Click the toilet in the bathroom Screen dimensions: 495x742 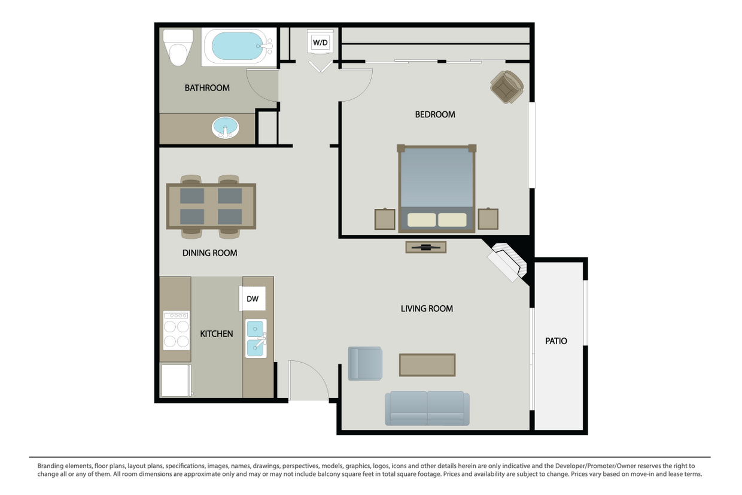178,47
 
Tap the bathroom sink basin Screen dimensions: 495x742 225,127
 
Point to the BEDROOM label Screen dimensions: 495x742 435,114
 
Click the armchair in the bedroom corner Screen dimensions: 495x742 506,87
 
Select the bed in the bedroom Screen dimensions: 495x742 437,187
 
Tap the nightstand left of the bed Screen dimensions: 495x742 385,219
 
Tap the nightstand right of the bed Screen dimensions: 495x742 488,219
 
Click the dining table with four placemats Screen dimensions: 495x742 211,206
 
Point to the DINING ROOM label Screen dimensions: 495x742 209,253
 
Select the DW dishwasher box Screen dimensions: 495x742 253,299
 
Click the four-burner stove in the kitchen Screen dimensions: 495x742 176,330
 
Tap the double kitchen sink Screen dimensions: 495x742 256,338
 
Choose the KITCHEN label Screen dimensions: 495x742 217,333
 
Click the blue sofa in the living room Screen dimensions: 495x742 427,408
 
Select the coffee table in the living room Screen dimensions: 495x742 427,365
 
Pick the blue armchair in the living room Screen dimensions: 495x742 365,363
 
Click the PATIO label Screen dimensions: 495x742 556,341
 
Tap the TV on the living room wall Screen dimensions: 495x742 425,247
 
